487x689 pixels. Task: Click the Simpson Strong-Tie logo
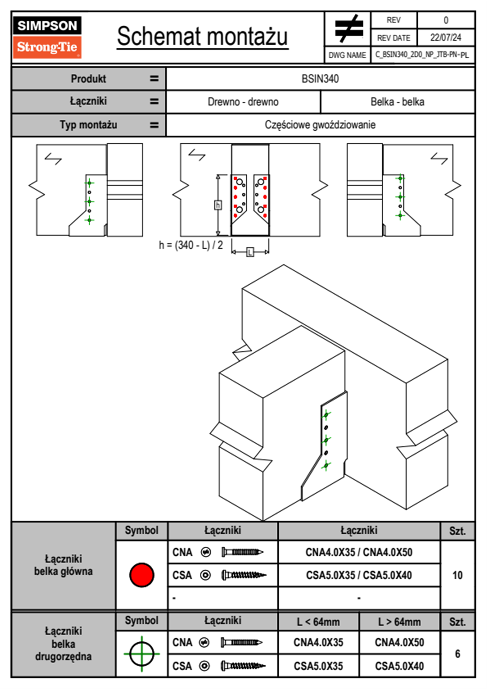(x=47, y=37)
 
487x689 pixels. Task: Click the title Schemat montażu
(x=202, y=36)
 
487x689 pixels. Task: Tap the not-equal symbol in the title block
(x=348, y=29)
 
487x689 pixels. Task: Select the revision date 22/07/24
(x=445, y=38)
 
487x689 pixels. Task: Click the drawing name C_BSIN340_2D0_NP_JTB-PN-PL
(x=422, y=54)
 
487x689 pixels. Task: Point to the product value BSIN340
(x=320, y=79)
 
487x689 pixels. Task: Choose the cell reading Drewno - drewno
(x=243, y=102)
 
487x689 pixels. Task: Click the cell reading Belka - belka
(x=397, y=102)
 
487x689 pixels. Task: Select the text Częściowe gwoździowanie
(x=320, y=125)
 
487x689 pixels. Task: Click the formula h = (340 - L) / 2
(x=191, y=245)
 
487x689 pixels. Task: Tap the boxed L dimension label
(x=250, y=252)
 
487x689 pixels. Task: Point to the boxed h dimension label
(x=218, y=205)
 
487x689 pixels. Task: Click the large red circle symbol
(x=142, y=575)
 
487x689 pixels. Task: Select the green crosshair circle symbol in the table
(x=142, y=654)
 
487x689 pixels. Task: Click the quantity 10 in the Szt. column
(x=457, y=575)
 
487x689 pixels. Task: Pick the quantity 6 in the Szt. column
(x=457, y=654)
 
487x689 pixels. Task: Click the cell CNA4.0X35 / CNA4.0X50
(x=359, y=552)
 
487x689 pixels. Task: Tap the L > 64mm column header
(x=399, y=622)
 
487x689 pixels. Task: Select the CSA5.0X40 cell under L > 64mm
(x=399, y=666)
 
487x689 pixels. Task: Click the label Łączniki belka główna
(x=63, y=565)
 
